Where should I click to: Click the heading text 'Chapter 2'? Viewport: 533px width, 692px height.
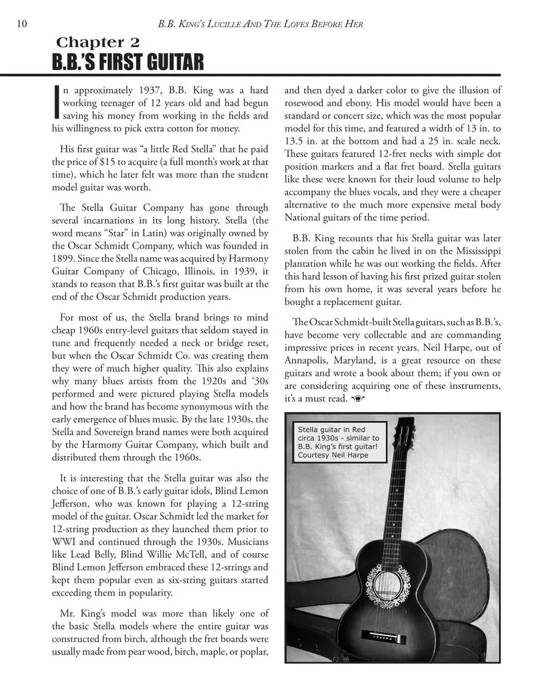[x=98, y=43]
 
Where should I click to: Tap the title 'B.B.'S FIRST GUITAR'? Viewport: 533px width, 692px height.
[x=127, y=63]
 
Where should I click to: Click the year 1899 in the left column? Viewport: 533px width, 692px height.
[x=64, y=259]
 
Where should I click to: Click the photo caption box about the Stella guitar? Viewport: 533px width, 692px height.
[x=339, y=442]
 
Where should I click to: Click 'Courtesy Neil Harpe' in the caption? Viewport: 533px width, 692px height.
[x=333, y=455]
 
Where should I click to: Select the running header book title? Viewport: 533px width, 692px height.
[x=260, y=24]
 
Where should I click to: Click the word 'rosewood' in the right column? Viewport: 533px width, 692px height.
[x=305, y=103]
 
